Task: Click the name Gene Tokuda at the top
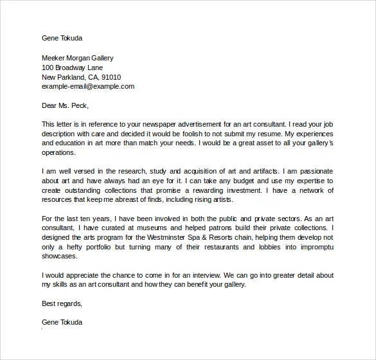pyautogui.click(x=62, y=38)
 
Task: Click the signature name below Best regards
pyautogui.click(x=62, y=322)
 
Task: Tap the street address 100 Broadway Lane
pyautogui.click(x=72, y=67)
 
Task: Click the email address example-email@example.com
pyautogui.click(x=88, y=86)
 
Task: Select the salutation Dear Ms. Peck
pyautogui.click(x=65, y=105)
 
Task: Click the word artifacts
pyautogui.click(x=251, y=172)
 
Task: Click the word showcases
pyautogui.click(x=60, y=256)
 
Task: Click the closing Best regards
pyautogui.click(x=62, y=303)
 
